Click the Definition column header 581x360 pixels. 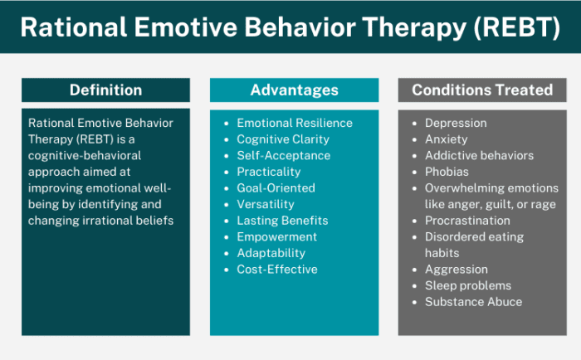point(105,90)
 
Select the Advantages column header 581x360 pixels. point(294,90)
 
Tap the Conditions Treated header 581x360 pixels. point(481,90)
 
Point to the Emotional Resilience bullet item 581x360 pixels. point(294,123)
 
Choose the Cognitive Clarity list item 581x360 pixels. point(282,139)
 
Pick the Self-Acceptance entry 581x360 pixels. point(283,155)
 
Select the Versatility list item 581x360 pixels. point(266,204)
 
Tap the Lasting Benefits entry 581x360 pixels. point(282,221)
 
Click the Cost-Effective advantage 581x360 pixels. point(276,269)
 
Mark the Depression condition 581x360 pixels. point(456,123)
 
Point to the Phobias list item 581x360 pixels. point(447,172)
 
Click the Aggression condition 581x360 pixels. point(456,270)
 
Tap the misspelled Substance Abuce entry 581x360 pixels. point(473,301)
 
